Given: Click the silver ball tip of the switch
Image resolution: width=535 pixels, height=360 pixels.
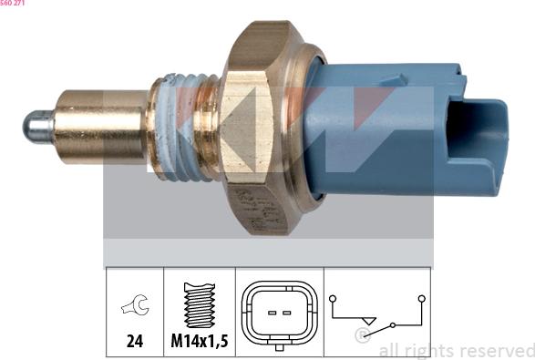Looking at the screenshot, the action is (37, 127).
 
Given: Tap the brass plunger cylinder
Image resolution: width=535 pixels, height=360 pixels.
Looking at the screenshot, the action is (101, 127).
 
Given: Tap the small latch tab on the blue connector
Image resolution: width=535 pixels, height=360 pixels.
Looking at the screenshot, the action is (396, 80).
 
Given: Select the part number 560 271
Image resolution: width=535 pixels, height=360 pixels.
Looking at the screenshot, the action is (12, 4).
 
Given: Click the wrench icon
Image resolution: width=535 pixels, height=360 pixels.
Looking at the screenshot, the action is (136, 304).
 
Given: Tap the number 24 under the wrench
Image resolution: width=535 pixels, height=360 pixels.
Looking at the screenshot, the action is (135, 341).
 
